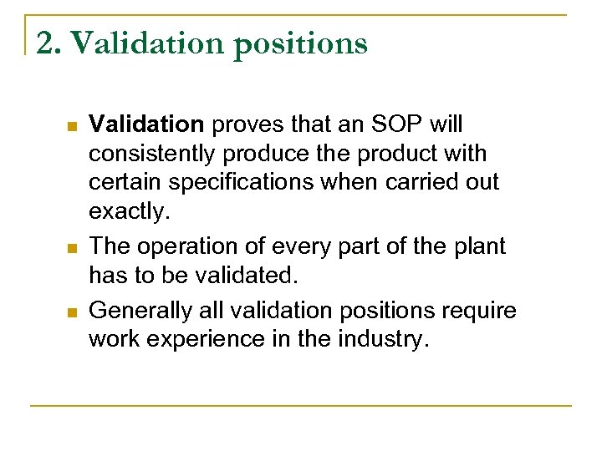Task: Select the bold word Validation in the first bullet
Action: pyautogui.click(x=146, y=124)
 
